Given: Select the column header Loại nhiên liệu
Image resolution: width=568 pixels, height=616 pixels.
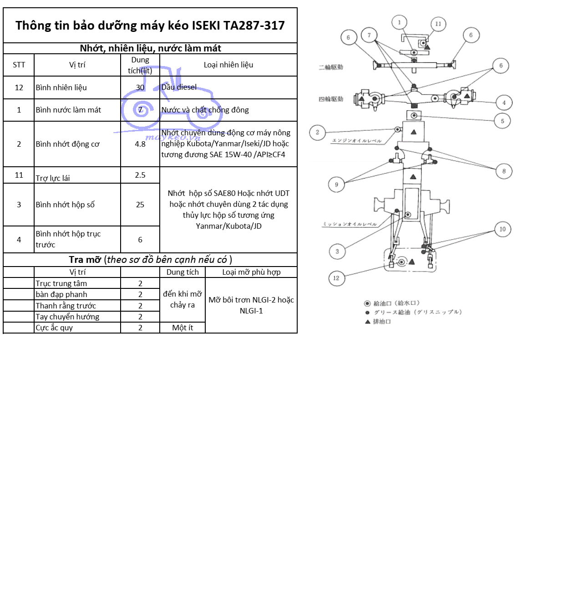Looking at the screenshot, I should coord(228,65).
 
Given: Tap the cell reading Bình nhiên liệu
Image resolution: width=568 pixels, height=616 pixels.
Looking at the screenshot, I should coord(61,87).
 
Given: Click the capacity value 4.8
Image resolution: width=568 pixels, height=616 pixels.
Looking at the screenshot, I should coord(140,144).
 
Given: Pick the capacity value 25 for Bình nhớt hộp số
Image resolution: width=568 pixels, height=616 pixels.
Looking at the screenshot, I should coord(140,205).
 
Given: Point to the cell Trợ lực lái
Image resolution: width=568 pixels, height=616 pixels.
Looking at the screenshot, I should coord(53,178).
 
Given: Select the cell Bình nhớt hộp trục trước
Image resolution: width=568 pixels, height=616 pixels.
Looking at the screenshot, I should coord(68,239).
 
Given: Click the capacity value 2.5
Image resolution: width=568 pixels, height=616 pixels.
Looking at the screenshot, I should coord(140,175).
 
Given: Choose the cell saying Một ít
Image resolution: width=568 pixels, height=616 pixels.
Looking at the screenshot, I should coord(183,328).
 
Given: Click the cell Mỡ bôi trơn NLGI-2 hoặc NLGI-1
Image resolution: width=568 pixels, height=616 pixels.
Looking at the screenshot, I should coord(251,305).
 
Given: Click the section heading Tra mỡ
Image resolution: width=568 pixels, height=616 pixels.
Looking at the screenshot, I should coord(85,260).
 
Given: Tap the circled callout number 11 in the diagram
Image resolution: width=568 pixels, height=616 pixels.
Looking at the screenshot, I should coord(438,24).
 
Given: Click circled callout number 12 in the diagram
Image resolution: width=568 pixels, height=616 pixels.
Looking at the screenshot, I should coord(336,278).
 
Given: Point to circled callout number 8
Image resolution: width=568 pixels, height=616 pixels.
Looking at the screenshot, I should coord(504,171).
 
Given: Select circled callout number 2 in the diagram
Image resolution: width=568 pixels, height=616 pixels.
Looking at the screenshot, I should coord(318,132).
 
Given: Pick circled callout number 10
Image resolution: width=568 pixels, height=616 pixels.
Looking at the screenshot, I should coord(502,229).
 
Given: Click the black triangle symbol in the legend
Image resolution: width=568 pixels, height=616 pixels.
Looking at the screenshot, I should coord(368,322).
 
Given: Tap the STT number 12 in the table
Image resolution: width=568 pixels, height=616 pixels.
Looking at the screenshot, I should coord(19,87).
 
